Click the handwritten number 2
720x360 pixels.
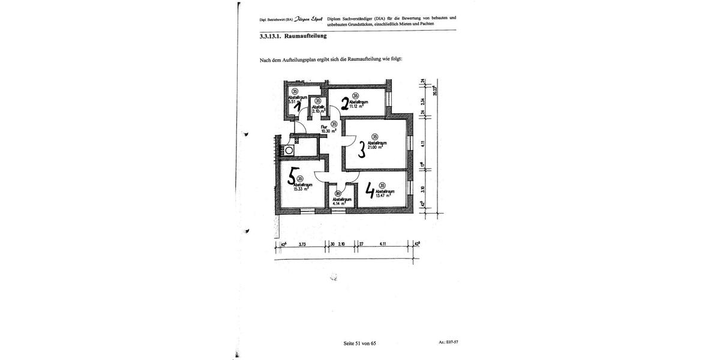point(346,104)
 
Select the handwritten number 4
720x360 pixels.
point(370,191)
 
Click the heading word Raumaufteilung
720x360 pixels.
point(305,37)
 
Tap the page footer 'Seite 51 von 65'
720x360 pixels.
point(359,343)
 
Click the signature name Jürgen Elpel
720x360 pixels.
point(308,19)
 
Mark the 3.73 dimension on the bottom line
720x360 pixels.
point(303,244)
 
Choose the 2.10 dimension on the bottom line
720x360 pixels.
point(342,244)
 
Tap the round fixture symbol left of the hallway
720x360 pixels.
point(289,150)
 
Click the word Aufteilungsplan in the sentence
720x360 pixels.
point(295,59)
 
